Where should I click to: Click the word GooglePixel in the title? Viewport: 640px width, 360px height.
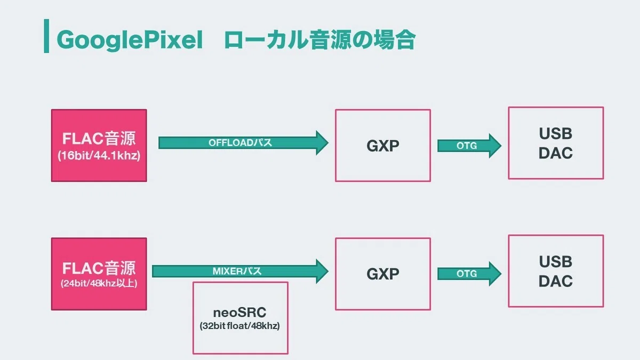130,40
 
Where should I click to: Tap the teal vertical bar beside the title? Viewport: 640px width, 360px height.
46,36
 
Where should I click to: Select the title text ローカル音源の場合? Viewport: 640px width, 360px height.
320,39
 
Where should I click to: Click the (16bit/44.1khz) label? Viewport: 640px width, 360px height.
99,156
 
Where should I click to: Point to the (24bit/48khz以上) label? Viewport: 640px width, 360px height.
99,283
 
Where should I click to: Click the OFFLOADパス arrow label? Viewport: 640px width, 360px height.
240,142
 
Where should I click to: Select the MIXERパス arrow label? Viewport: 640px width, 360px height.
237,271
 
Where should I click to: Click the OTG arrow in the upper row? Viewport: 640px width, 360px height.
469,146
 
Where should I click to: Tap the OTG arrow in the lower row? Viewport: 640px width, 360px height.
469,274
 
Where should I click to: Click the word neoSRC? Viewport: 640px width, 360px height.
239,313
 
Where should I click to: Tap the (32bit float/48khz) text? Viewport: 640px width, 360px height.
239,326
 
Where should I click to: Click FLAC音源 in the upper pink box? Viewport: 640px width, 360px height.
99,139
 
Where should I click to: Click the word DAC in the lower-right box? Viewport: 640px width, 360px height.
556,281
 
